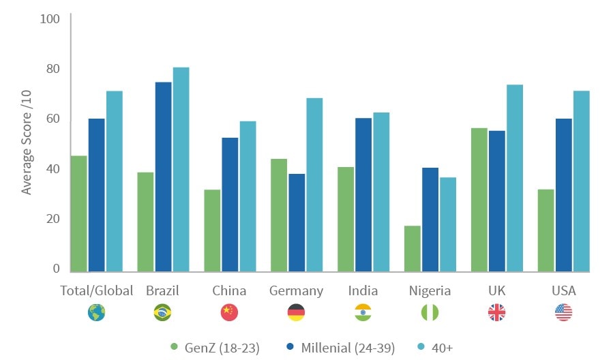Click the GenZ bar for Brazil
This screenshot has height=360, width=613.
click(x=145, y=222)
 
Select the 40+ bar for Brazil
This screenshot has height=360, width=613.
click(x=181, y=170)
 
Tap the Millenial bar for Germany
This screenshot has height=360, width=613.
click(x=297, y=223)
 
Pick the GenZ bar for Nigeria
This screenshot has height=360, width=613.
click(x=412, y=249)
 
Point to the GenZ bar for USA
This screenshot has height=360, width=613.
click(x=545, y=230)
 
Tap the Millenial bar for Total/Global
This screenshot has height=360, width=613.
click(x=97, y=195)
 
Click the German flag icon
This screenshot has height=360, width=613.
click(x=297, y=312)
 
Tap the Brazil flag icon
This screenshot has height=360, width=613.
click(x=162, y=312)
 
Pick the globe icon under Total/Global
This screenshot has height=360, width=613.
click(x=96, y=312)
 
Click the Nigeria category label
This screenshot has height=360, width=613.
click(x=430, y=291)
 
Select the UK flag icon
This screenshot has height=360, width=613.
click(x=496, y=312)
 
